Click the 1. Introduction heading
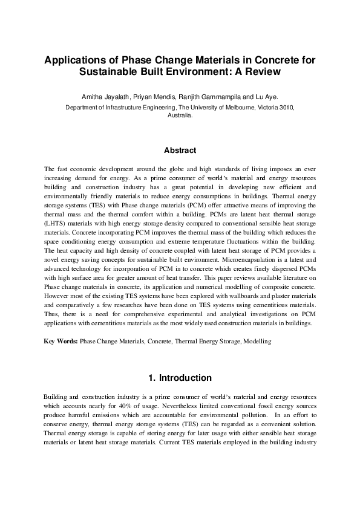click(180, 378)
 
